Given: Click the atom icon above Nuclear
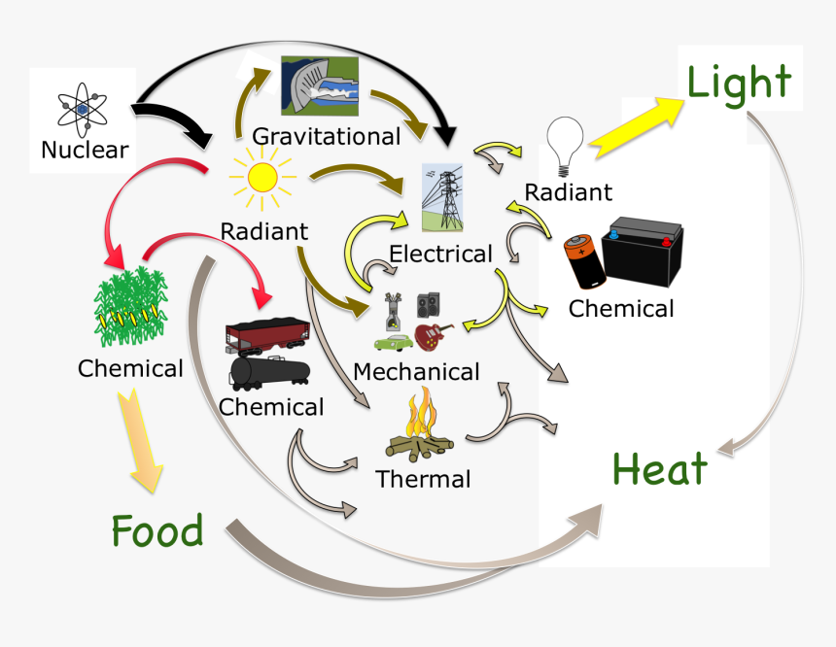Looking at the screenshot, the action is point(82,109).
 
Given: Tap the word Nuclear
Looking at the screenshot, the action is point(85,150).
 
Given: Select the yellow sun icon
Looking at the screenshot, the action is point(262,178).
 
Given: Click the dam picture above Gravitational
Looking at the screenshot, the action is point(320,85).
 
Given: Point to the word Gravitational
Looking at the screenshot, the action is point(327,136).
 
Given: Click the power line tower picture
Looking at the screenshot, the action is point(442,197).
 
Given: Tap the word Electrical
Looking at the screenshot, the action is point(440,254).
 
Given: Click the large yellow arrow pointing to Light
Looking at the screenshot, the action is point(637,127).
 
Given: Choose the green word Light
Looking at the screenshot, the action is point(739,82).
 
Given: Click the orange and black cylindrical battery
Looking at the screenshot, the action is point(585,261).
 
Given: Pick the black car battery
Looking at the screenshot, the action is point(643,251).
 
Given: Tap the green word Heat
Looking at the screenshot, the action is point(660,468).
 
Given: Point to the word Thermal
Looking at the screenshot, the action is point(423,479).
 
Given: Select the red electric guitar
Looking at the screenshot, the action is point(433,336).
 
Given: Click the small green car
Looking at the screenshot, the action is point(394,342).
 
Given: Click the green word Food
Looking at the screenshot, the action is point(157,530).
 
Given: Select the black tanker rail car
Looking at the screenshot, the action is point(270,372).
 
